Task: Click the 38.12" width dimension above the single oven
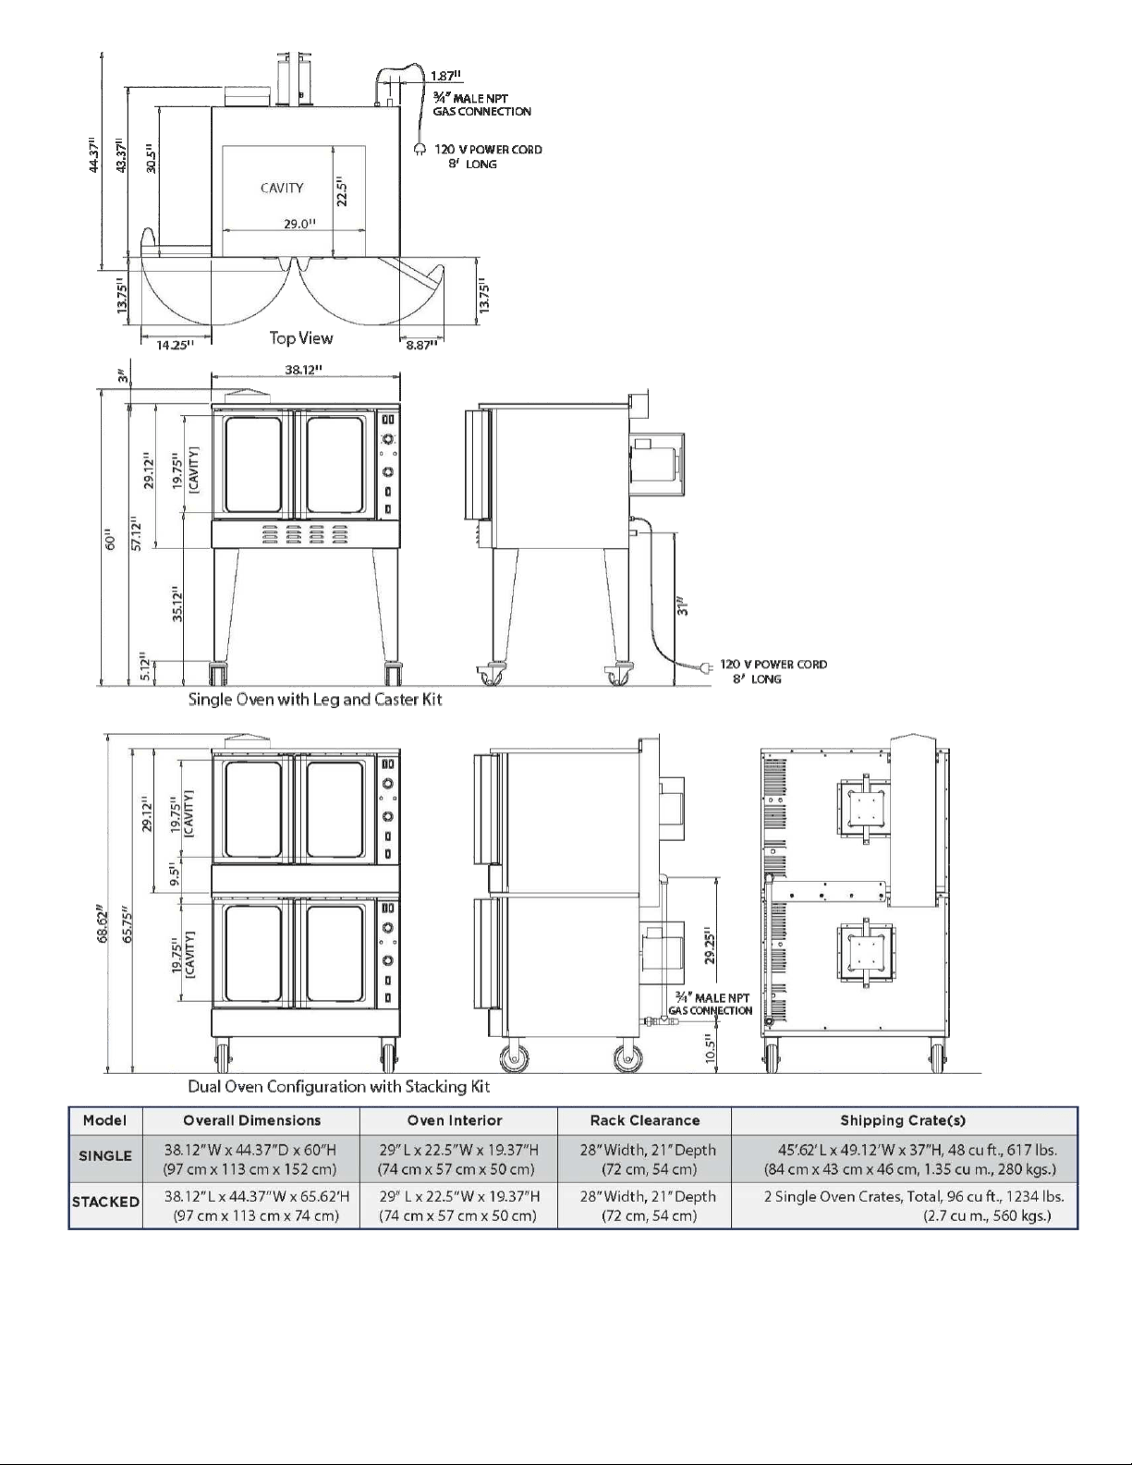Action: (x=303, y=370)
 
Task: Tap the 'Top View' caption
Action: (x=301, y=337)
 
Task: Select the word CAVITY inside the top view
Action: (x=282, y=189)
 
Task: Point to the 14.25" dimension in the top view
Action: (x=176, y=345)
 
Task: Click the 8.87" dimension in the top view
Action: (x=421, y=345)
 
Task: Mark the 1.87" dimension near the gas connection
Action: (x=446, y=76)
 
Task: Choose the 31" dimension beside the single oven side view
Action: (x=683, y=604)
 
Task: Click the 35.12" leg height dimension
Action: (x=177, y=604)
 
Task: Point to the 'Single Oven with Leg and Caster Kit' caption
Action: (x=315, y=699)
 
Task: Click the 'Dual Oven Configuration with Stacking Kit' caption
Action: (x=339, y=1086)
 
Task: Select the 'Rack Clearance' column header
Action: (x=645, y=1120)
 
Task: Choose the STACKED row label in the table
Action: (x=105, y=1202)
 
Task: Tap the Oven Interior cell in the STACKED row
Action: (x=458, y=1205)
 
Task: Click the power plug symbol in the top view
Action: (x=420, y=149)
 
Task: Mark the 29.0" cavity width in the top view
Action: (x=299, y=223)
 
